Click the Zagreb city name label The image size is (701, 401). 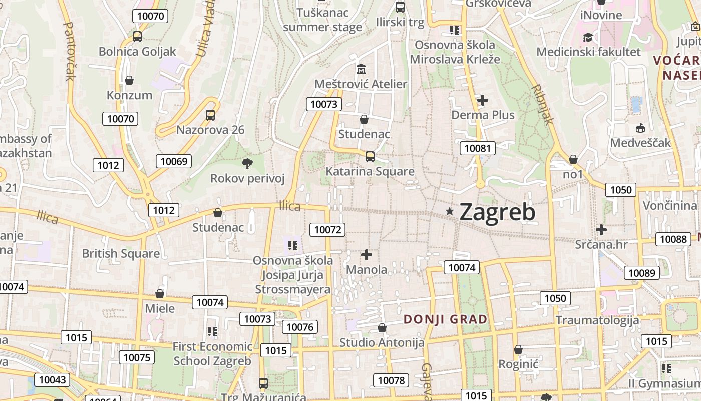point(497,212)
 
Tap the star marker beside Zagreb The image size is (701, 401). point(450,212)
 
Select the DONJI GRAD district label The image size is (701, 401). point(445,319)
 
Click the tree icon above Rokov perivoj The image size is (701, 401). point(247,163)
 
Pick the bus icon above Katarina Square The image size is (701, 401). point(370,156)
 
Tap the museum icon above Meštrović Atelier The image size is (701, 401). point(361,68)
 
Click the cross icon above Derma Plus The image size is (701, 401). point(482,100)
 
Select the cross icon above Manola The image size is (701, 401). point(367,255)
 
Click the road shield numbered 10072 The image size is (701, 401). point(328,230)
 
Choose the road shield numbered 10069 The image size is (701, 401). point(174,161)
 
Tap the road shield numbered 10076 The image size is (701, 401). point(300,327)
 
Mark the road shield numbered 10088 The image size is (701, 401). point(673,239)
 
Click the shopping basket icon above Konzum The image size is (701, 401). point(129,80)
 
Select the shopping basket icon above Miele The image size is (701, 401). point(160,293)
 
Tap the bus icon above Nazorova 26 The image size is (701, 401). point(210,115)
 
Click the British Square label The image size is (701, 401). point(121,253)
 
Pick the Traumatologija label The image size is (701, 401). point(597,320)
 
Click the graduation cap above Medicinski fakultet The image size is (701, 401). point(588,37)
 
